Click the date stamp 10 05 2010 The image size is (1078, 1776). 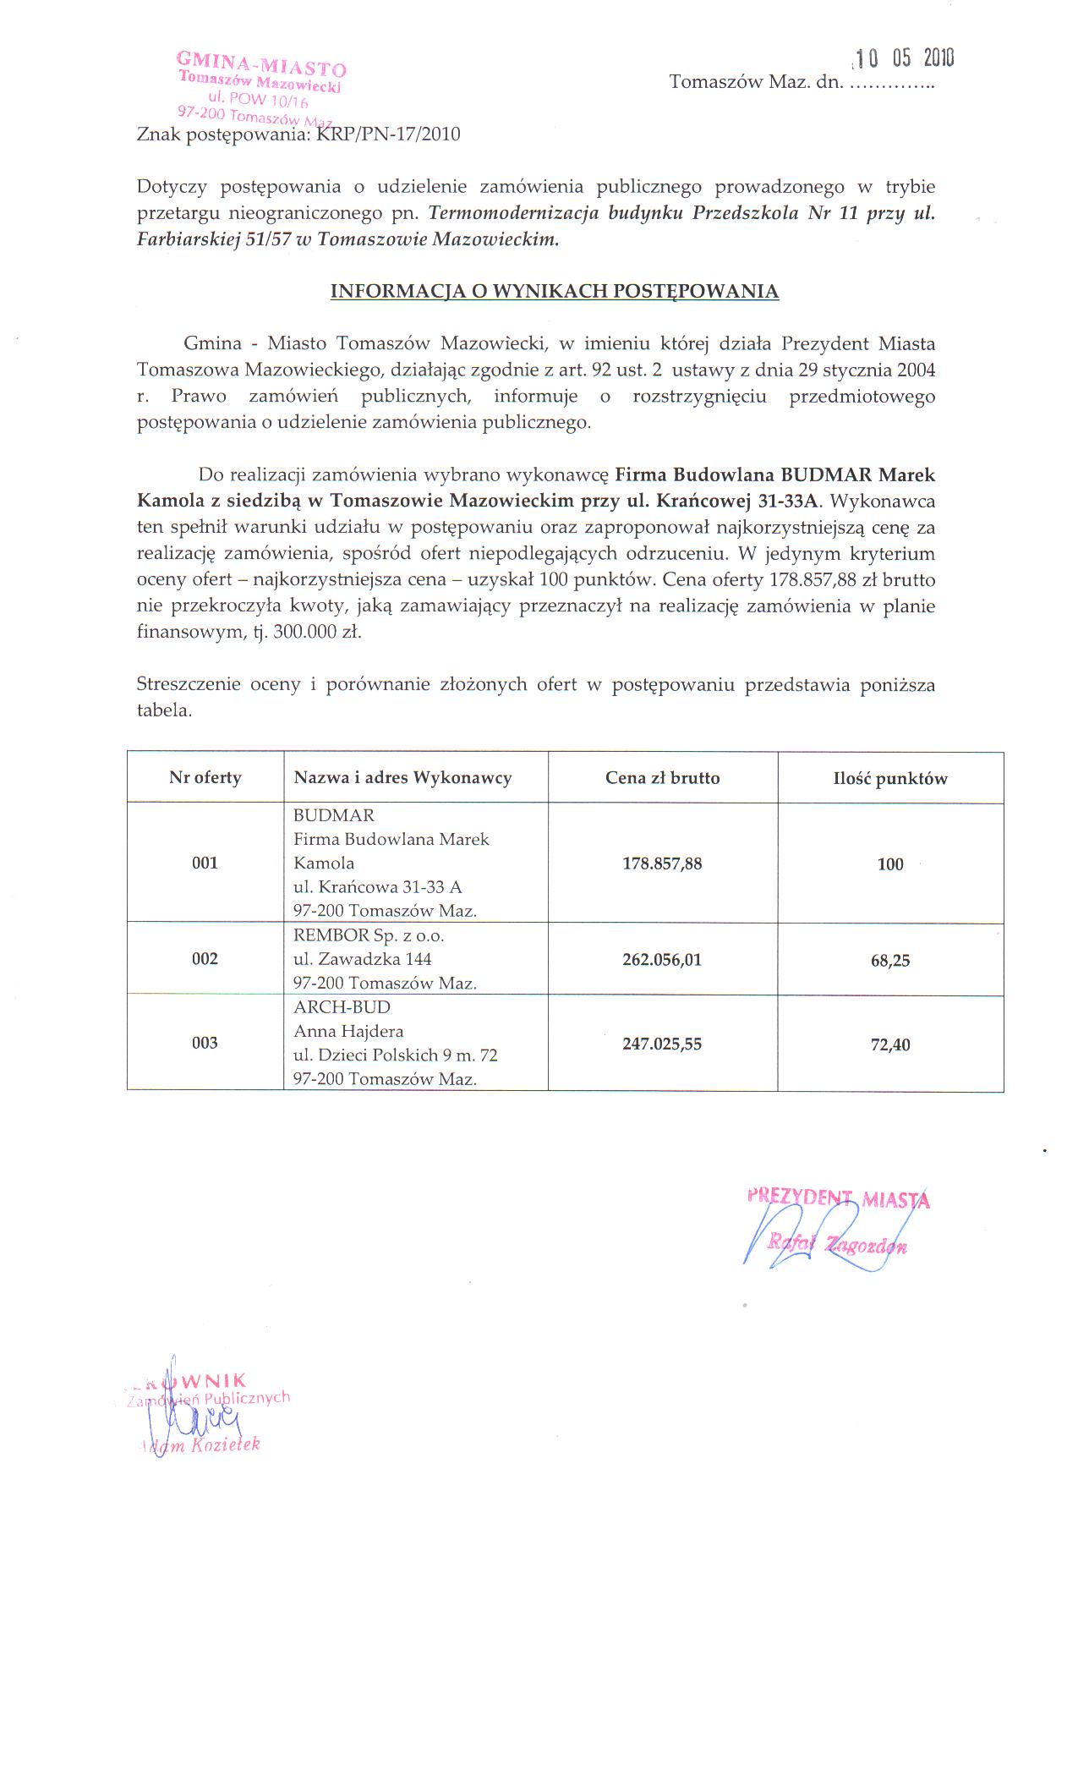(x=904, y=58)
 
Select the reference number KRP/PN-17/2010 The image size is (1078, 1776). (x=388, y=134)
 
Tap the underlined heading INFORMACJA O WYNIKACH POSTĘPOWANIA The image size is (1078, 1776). (x=554, y=291)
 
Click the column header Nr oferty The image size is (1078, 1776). (x=205, y=777)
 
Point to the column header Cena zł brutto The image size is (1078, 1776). (x=662, y=778)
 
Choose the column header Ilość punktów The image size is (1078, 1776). (x=890, y=779)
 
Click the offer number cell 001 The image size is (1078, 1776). (x=205, y=863)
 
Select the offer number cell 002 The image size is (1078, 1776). (x=205, y=958)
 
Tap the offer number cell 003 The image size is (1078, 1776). (x=205, y=1043)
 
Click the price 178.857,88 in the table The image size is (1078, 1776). (x=662, y=863)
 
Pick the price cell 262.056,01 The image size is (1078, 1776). (x=662, y=960)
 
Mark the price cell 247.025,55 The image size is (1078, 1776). (x=662, y=1044)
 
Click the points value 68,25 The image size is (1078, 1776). (x=890, y=961)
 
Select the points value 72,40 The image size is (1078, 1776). (x=890, y=1044)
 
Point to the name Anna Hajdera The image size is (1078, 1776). (x=348, y=1031)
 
